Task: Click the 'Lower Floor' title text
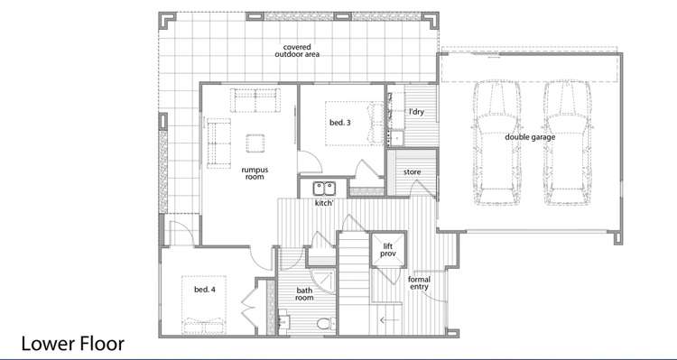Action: (x=72, y=344)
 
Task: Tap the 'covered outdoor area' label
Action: (x=297, y=51)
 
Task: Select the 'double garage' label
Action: (x=531, y=137)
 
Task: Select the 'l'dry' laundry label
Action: (x=416, y=112)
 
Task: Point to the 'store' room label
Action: (x=413, y=171)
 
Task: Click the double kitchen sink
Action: (x=324, y=189)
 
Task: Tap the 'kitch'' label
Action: (x=325, y=204)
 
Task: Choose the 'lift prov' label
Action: (x=389, y=250)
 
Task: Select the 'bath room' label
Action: (x=304, y=293)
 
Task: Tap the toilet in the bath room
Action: (x=325, y=323)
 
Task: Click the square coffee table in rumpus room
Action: (x=255, y=143)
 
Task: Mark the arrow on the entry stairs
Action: (x=389, y=319)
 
